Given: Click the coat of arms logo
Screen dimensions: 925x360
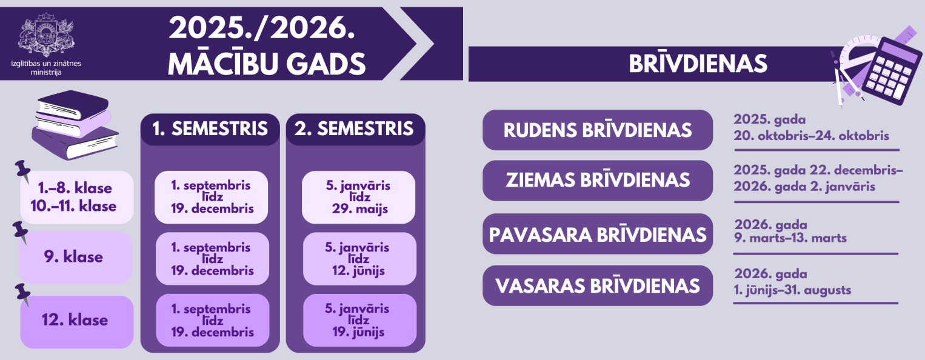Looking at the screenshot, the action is point(46,35).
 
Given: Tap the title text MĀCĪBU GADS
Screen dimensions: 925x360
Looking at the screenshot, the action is point(267,64).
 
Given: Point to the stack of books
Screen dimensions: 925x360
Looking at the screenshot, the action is point(75,125).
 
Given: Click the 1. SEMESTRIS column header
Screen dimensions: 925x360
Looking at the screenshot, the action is point(210,129).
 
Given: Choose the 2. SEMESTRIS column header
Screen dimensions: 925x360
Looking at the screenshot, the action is point(355,129).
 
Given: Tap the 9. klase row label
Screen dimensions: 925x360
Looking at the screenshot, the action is point(75,257).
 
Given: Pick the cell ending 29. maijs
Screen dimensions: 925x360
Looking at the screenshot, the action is point(358,198).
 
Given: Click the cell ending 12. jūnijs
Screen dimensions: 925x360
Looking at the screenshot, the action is point(359,259).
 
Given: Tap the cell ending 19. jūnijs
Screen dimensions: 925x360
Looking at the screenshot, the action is point(359,321).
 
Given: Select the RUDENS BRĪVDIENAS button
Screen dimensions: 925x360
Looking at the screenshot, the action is point(598,130).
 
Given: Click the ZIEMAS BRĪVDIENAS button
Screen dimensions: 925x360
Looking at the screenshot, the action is point(598,181).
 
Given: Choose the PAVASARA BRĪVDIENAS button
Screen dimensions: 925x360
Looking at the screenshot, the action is point(598,234).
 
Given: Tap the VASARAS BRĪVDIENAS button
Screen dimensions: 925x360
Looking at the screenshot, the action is point(598,285).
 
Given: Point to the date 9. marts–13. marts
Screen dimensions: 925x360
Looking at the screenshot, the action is point(790,238).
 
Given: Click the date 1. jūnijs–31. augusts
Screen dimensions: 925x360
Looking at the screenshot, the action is point(792,290).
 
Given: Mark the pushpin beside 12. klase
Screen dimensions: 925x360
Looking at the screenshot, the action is point(23,295).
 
